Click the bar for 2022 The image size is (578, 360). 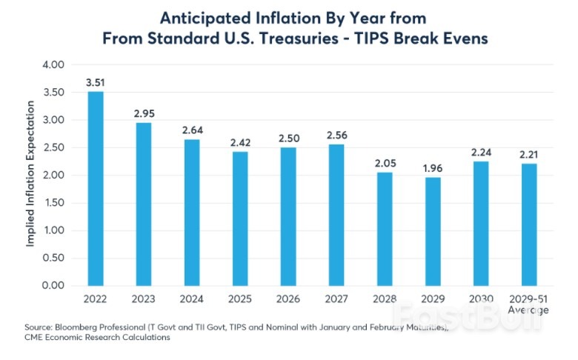[96, 188]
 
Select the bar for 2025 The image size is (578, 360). [239, 219]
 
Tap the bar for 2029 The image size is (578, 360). [432, 231]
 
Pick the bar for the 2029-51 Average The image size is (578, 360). [528, 224]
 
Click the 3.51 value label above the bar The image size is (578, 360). [96, 81]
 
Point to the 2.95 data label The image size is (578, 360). [143, 113]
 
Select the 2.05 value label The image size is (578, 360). [384, 162]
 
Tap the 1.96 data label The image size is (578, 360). [432, 167]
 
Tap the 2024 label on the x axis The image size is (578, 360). [191, 299]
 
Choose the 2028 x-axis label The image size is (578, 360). [384, 299]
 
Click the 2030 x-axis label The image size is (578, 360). [480, 299]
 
